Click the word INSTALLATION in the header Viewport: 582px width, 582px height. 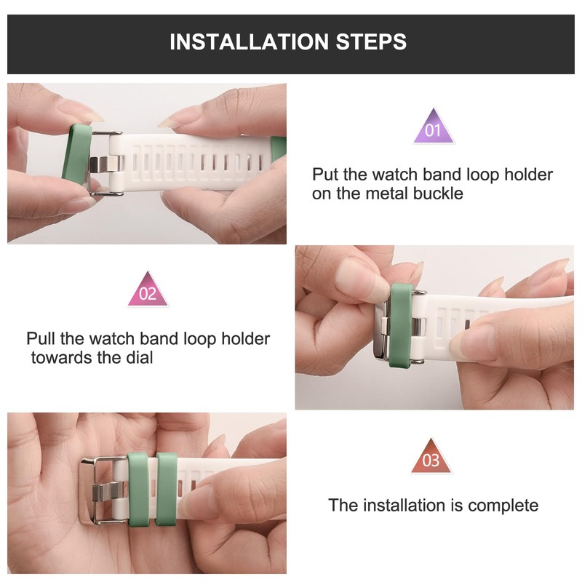(x=249, y=41)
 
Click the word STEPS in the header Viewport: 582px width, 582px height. (x=371, y=41)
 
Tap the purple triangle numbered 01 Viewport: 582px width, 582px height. (x=434, y=127)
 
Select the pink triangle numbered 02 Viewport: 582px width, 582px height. (x=148, y=290)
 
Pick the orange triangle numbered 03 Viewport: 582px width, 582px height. (x=431, y=457)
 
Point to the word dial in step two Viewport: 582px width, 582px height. (x=140, y=358)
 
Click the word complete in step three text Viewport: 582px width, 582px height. (x=503, y=506)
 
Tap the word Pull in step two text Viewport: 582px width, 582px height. (x=41, y=338)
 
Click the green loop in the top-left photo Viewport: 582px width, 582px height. (x=76, y=155)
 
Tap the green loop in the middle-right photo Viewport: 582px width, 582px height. (x=402, y=325)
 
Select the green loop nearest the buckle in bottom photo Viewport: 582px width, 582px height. (x=138, y=489)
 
